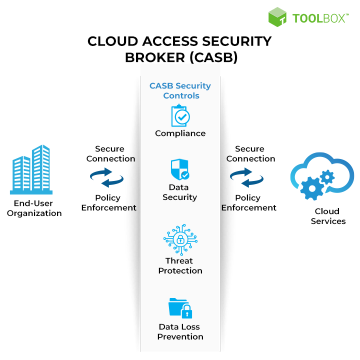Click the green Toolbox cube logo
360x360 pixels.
(278, 17)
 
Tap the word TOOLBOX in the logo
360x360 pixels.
(319, 18)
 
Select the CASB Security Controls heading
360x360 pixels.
(180, 90)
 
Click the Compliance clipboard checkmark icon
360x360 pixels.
(180, 116)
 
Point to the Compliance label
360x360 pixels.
(180, 133)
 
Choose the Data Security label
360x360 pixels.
(180, 192)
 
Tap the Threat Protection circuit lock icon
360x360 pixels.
(179, 240)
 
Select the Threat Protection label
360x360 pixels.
(180, 265)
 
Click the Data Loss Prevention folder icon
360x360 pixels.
(180, 307)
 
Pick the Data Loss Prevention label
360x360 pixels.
(180, 331)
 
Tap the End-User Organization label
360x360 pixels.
(34, 208)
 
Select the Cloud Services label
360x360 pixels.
(328, 216)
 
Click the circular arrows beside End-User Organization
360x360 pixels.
(107, 177)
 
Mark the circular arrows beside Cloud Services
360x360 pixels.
(247, 177)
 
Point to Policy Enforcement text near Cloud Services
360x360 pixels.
(248, 202)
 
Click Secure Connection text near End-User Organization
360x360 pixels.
(110, 153)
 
